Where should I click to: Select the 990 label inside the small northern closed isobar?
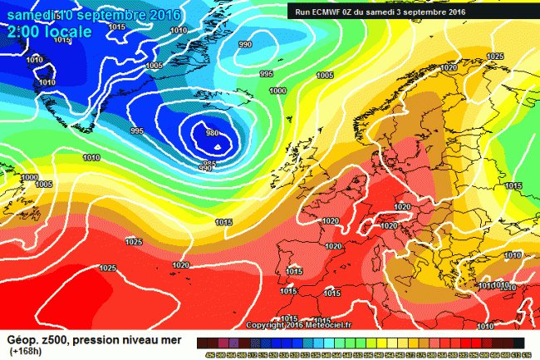coord(245,45)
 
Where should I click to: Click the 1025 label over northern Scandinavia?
coord(495,57)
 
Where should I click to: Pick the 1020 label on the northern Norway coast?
coord(450,67)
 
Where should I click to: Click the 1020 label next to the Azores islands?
coord(180,265)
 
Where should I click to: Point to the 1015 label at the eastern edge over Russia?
coord(513,185)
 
